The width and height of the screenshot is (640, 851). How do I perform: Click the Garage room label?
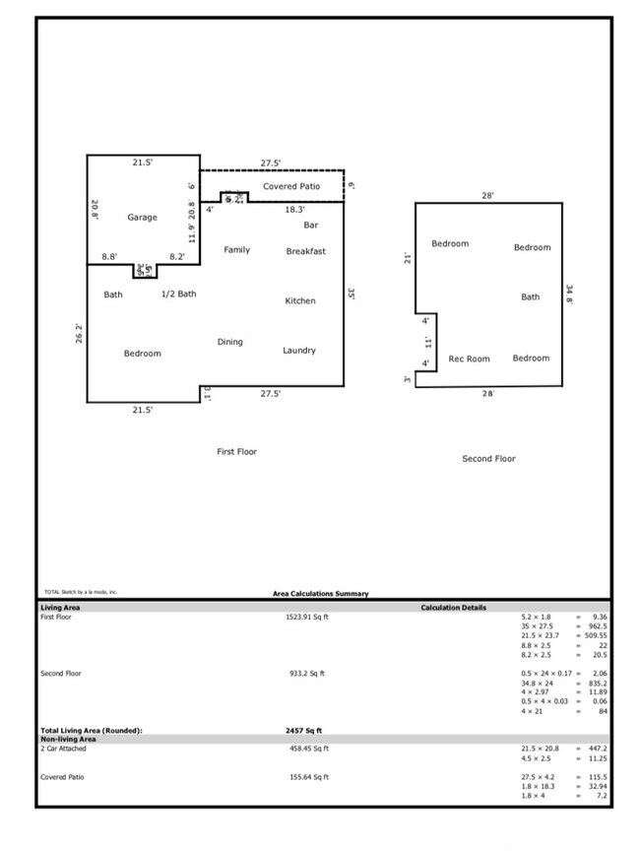point(142,218)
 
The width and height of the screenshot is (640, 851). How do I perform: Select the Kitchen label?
point(300,300)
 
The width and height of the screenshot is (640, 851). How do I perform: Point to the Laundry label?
point(299,351)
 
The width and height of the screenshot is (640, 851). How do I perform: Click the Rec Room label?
point(469,359)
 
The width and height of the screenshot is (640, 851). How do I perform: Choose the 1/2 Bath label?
point(179,294)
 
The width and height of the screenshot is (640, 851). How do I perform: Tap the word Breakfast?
point(306,251)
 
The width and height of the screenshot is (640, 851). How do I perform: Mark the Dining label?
point(229,342)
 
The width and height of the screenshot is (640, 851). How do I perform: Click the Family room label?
point(236,250)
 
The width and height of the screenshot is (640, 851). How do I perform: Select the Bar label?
point(310,226)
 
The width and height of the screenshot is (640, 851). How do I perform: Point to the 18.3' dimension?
point(295,210)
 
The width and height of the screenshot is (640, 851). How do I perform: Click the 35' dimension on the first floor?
point(352,294)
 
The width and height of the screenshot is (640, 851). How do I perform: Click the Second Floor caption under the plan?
point(488,458)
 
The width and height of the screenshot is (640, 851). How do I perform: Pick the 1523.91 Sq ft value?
point(306,618)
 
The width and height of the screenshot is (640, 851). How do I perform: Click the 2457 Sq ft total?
point(303,730)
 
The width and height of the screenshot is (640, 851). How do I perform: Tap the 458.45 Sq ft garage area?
point(306,749)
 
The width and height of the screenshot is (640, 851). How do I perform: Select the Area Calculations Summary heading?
point(320,594)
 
